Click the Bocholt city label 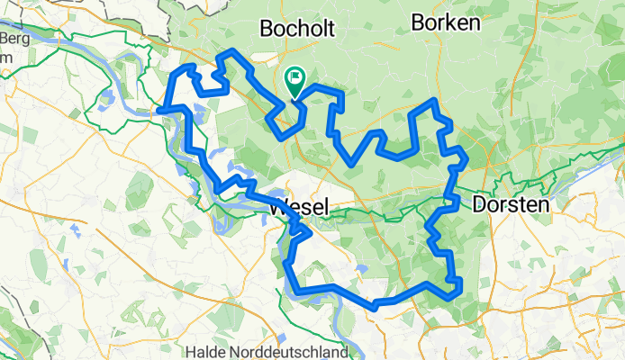point(296,29)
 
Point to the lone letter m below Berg point(5,57)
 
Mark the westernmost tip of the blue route point(159,110)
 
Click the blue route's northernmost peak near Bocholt point(234,50)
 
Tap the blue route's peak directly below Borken point(435,101)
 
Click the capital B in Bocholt point(266,29)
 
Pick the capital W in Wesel point(276,206)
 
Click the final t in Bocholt point(330,29)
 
